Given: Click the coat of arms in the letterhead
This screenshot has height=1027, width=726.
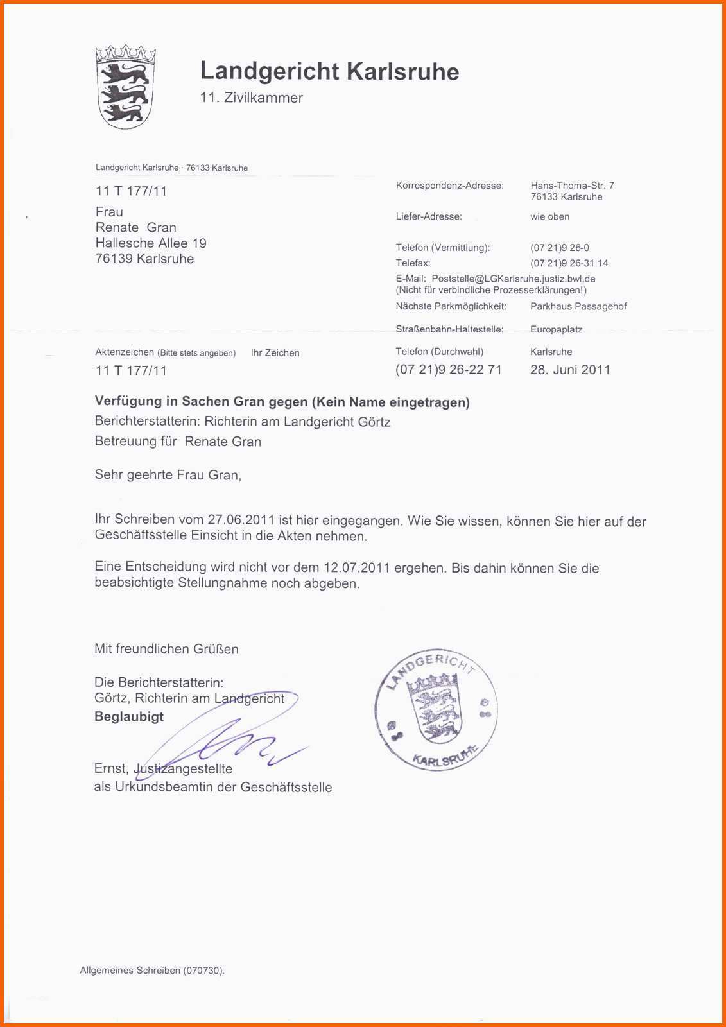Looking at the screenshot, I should pyautogui.click(x=125, y=87).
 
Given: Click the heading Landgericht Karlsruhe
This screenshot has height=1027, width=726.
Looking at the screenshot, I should pyautogui.click(x=329, y=71).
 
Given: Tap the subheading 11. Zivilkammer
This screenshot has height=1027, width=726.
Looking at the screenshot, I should pyautogui.click(x=251, y=98).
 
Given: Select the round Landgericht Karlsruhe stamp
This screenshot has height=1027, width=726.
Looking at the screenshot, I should pyautogui.click(x=436, y=709).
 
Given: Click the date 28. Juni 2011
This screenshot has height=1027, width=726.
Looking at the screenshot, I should pyautogui.click(x=570, y=370).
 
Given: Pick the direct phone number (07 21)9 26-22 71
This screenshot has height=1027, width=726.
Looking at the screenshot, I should pyautogui.click(x=449, y=370).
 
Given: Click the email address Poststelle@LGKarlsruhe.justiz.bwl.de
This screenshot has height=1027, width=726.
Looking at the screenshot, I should pyautogui.click(x=514, y=279).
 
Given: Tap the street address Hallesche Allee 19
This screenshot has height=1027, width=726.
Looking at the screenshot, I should pyautogui.click(x=151, y=243).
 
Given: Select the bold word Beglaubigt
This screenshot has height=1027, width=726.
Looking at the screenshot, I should pyautogui.click(x=129, y=717).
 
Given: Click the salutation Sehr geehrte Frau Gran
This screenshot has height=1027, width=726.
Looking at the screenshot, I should pyautogui.click(x=168, y=475).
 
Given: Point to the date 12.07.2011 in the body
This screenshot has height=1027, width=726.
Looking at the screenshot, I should pyautogui.click(x=357, y=567).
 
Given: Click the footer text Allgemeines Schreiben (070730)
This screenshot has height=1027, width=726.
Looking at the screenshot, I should pyautogui.click(x=152, y=971).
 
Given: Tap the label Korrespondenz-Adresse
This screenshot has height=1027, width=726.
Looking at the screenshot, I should pyautogui.click(x=450, y=186).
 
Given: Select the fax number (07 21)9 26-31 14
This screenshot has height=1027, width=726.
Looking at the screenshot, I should pyautogui.click(x=569, y=263).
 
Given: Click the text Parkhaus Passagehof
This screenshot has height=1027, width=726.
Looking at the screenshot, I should pyautogui.click(x=578, y=307).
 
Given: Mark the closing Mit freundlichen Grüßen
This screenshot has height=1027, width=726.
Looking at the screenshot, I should pyautogui.click(x=166, y=649).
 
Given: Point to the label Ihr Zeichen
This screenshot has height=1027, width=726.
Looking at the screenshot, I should pyautogui.click(x=275, y=353).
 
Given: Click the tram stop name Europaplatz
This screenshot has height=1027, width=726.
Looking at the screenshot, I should pyautogui.click(x=556, y=329).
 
